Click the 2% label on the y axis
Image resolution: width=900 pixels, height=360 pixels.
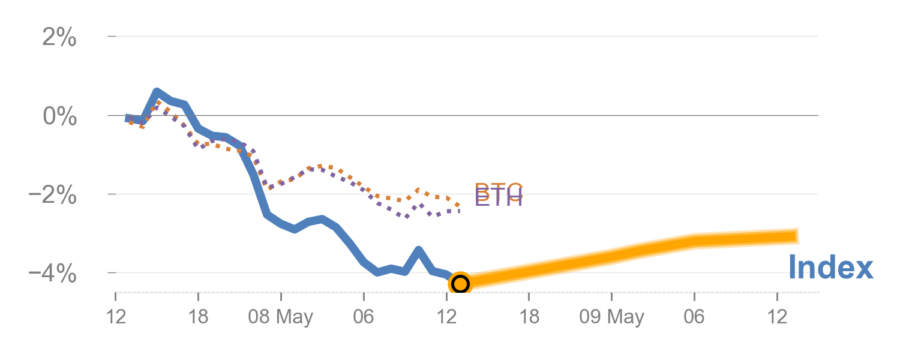click(59, 38)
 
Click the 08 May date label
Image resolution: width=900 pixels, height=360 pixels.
click(281, 317)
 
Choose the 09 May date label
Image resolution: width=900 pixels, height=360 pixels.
click(611, 317)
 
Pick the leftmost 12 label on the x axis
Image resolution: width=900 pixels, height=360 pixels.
click(115, 317)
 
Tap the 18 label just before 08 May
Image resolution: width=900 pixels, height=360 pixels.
click(198, 317)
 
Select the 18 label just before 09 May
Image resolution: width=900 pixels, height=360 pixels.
click(529, 317)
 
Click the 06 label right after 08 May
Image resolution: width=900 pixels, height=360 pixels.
click(364, 317)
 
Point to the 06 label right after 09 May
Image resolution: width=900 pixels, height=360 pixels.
click(694, 317)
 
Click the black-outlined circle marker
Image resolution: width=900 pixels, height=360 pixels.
click(460, 283)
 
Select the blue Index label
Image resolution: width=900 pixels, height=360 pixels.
click(830, 268)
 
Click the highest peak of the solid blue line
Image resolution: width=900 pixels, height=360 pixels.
click(157, 92)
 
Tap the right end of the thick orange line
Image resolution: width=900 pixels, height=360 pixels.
click(798, 236)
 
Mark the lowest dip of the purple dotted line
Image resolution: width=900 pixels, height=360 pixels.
click(407, 217)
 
